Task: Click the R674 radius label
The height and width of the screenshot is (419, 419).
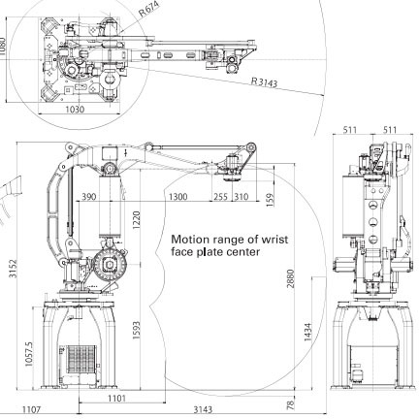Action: (149, 9)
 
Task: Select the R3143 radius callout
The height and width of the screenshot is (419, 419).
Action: (264, 82)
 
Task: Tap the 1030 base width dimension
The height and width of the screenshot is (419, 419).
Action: (75, 110)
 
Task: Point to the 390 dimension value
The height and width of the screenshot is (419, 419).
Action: (88, 197)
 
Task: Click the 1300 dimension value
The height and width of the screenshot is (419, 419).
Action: (177, 197)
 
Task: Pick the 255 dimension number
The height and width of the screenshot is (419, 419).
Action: (220, 197)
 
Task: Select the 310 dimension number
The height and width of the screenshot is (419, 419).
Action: (242, 197)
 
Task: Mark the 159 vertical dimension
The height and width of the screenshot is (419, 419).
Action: (270, 200)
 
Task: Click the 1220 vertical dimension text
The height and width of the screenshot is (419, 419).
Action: (136, 220)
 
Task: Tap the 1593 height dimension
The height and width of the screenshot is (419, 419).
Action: (136, 330)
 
